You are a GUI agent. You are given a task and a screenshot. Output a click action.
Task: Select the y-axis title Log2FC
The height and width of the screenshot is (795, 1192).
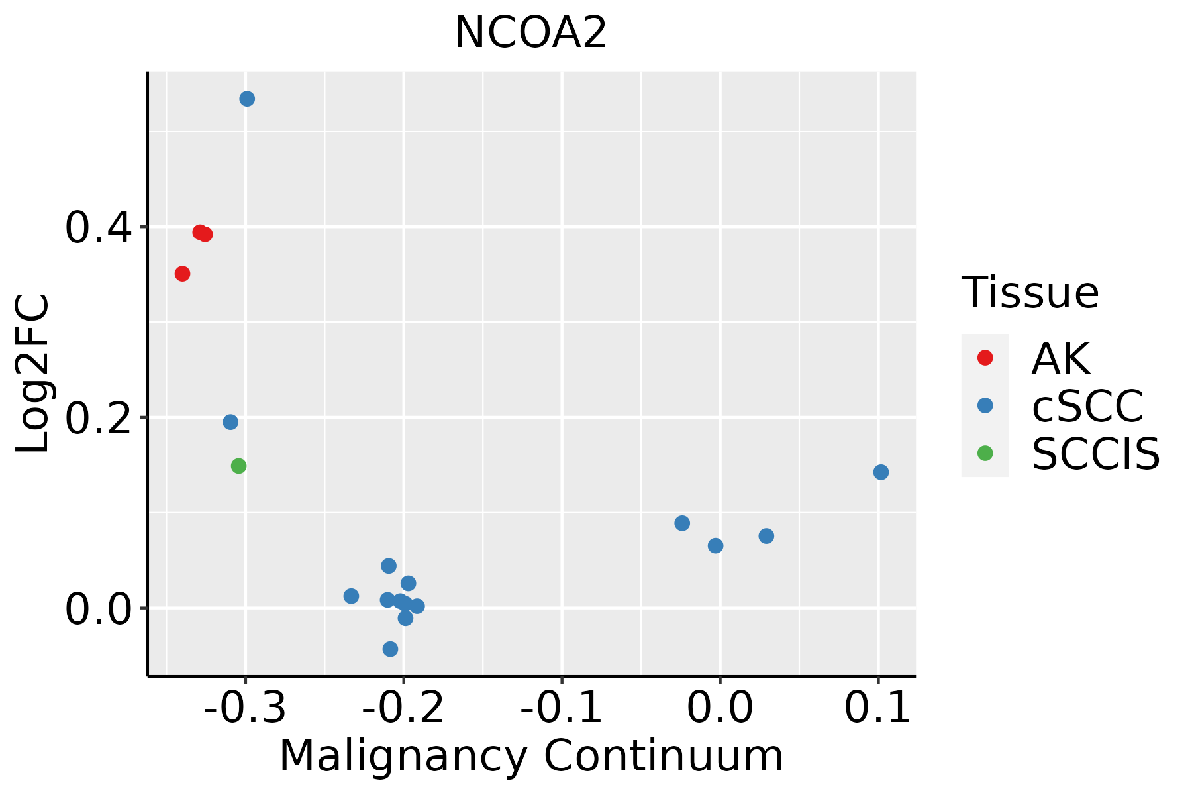(33, 374)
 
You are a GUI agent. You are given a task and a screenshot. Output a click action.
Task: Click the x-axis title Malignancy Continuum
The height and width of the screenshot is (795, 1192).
(531, 756)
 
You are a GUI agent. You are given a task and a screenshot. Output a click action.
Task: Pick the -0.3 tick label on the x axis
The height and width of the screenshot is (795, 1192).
(245, 708)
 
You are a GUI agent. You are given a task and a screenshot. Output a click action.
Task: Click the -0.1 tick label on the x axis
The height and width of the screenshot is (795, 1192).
(562, 708)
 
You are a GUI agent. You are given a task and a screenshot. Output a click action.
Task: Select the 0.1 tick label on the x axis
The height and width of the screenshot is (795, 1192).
(878, 708)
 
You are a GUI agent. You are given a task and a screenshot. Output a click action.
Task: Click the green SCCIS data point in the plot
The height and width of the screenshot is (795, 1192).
(239, 466)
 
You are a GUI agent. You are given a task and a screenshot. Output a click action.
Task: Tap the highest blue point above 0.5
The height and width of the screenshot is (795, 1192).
(247, 99)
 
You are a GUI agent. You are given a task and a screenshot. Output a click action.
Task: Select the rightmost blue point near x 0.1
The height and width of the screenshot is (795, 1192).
(881, 472)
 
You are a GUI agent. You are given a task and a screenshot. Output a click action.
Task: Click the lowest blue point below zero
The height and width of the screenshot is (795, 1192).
(390, 649)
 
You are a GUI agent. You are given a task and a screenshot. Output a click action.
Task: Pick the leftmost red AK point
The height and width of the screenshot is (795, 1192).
(182, 274)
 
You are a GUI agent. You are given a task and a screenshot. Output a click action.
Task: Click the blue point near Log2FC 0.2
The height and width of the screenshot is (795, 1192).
(230, 422)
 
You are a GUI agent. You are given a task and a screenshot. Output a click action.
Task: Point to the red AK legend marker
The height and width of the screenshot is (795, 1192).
(985, 358)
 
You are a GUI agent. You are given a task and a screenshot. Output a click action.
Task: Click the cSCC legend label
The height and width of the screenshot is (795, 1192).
(1087, 405)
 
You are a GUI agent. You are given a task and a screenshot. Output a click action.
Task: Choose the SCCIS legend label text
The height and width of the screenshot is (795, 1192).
(1096, 454)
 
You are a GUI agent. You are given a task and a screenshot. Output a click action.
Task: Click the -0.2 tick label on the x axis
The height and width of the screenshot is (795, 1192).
(403, 708)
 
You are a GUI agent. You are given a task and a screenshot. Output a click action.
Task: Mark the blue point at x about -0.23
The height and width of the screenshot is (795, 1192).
(352, 596)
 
